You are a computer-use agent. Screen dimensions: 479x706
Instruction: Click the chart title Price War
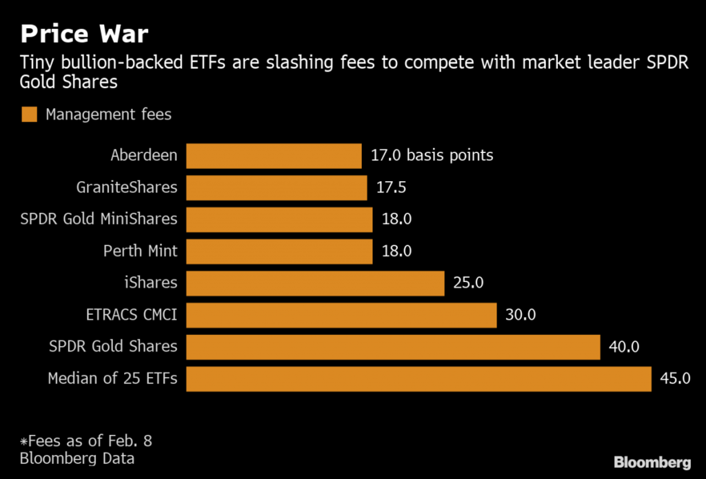point(84,33)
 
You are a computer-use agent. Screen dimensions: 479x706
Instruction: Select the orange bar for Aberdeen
point(274,156)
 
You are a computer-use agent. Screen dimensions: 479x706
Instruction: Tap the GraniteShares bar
point(276,187)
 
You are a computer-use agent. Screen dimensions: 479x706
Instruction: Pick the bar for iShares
point(315,283)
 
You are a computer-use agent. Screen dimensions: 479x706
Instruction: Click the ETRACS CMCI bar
point(341,315)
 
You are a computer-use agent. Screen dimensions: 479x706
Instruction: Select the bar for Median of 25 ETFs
point(418,379)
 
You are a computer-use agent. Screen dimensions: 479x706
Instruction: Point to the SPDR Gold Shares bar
point(393,347)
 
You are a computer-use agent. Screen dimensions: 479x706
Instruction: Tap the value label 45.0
point(675,379)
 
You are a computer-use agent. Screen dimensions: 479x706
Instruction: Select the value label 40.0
point(624,347)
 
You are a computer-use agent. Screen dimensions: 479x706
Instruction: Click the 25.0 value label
point(468,283)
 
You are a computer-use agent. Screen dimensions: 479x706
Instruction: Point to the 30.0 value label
point(521,315)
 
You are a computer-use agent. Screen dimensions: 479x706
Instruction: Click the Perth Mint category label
point(140,251)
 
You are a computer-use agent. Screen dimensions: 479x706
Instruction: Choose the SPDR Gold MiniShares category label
point(99,219)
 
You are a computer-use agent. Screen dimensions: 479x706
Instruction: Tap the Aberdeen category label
point(143,156)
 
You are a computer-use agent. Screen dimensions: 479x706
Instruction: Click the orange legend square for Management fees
point(29,114)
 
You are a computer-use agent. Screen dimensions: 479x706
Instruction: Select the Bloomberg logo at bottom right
point(652,461)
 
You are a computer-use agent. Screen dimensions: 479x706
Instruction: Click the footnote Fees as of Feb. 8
point(85,440)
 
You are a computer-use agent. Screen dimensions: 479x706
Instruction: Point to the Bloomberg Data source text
point(77,458)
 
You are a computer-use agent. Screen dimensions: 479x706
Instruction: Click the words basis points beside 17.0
point(450,156)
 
